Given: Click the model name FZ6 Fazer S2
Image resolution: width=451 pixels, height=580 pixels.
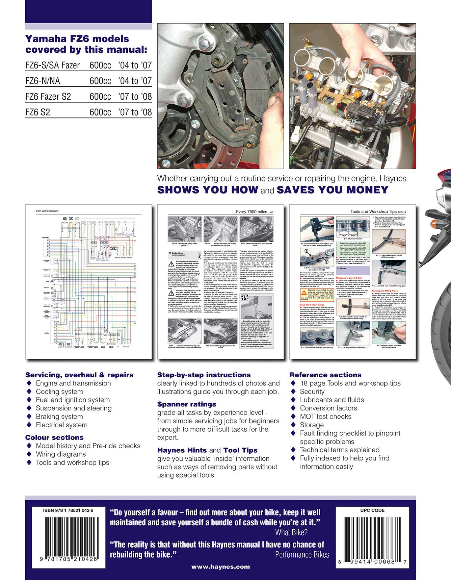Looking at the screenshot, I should point(48,97).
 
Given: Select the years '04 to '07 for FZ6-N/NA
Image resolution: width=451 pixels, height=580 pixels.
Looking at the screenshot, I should point(135,81).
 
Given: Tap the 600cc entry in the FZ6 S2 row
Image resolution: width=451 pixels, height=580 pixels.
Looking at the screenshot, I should point(100,112).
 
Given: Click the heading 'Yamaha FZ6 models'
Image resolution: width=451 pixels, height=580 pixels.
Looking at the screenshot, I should point(77,39).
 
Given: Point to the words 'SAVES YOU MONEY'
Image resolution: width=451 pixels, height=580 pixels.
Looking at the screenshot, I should point(332,190).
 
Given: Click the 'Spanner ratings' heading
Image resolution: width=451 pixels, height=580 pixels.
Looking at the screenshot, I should point(187,404).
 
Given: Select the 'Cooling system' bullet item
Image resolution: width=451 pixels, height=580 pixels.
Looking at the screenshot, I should point(59,392).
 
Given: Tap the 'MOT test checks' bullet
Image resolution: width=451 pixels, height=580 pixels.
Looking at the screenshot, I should point(325,417).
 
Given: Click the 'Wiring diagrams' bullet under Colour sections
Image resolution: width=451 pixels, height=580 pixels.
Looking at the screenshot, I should point(61,454).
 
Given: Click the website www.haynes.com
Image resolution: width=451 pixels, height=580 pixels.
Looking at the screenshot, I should point(220,567).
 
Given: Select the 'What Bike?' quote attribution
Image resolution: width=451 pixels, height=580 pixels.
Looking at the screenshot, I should point(291,533).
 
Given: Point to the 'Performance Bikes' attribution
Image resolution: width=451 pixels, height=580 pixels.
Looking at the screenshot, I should point(302,555).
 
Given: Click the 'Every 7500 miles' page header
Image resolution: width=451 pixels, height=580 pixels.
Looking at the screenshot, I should point(251,211).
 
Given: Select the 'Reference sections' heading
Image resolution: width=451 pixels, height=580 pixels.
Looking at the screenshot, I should point(325,375).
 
